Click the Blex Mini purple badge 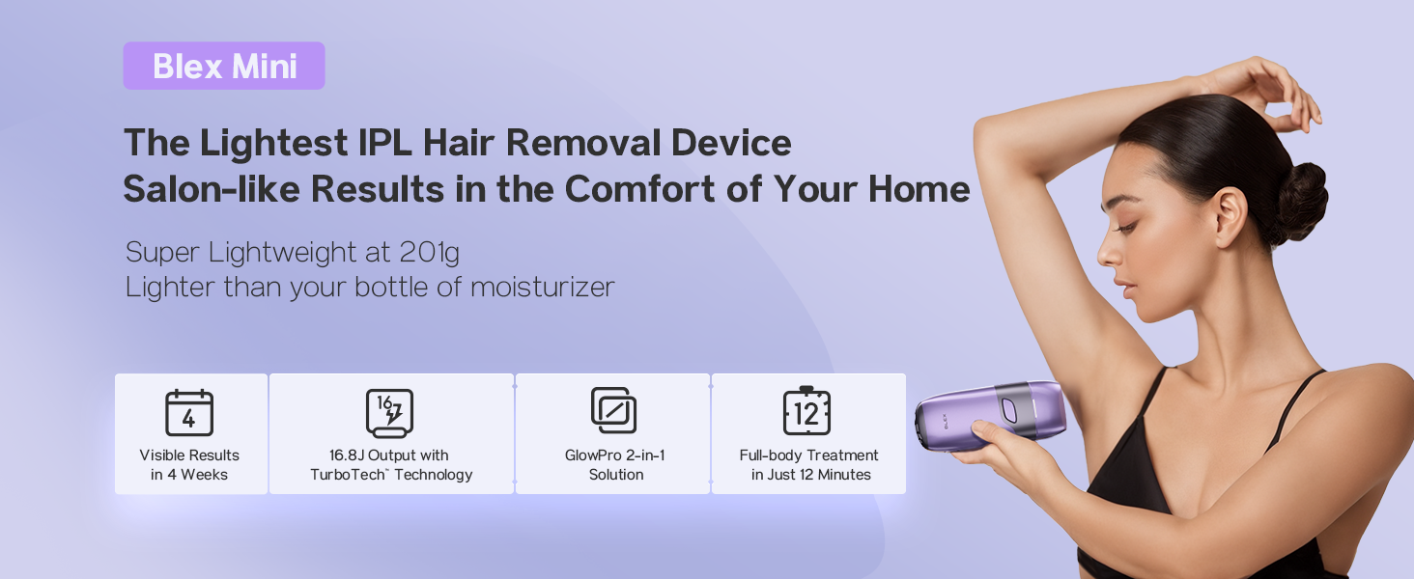coord(224,67)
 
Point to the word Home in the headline coord(918,190)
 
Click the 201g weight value coord(429,253)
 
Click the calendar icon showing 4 coord(189,414)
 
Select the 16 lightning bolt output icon coord(390,413)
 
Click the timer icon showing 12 coord(806,412)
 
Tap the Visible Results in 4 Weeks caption coord(189,465)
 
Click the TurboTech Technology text coord(391,475)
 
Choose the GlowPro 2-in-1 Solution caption coord(615,465)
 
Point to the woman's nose coord(1108,257)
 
